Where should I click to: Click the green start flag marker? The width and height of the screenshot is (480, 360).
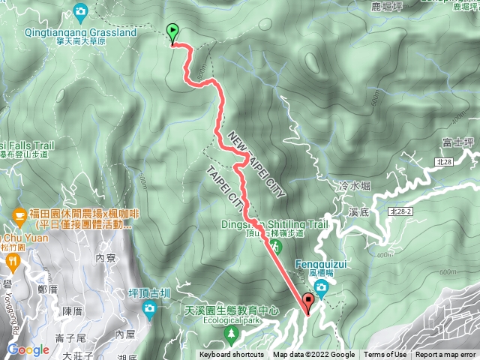click(x=173, y=33)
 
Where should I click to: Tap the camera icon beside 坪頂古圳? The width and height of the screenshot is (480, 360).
click(x=150, y=308)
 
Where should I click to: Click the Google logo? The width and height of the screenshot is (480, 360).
click(x=28, y=349)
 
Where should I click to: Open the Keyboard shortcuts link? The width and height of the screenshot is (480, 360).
click(x=232, y=355)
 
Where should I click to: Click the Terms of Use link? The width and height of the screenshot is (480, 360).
click(x=385, y=355)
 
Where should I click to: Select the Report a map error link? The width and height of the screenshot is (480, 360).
click(x=445, y=355)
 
